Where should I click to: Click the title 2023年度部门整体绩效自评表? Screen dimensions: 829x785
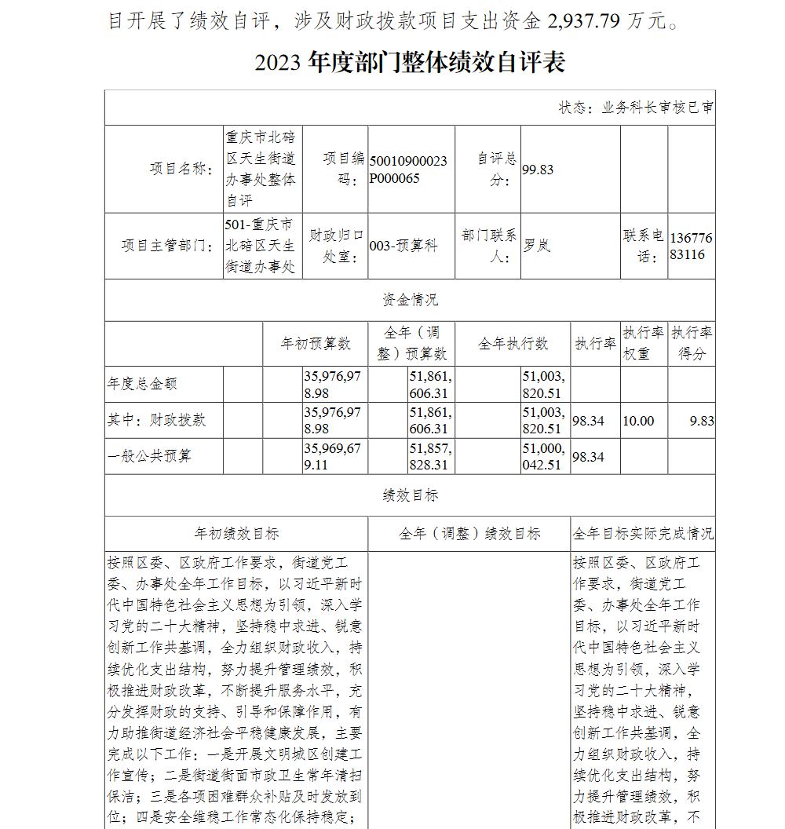point(410,63)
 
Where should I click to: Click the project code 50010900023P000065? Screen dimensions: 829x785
point(408,170)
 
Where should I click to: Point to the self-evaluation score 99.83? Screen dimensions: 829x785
point(538,170)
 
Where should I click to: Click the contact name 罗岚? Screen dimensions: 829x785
point(537,246)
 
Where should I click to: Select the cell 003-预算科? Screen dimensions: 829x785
point(403,246)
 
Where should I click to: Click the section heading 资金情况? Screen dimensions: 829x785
point(410,300)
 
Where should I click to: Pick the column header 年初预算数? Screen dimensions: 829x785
point(316,344)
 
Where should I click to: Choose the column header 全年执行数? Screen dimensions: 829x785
point(513,344)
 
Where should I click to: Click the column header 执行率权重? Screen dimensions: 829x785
point(644,343)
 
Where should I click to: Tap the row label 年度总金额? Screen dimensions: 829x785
point(142,384)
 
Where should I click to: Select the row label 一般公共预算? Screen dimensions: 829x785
point(149,456)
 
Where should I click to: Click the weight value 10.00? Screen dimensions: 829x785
point(638,421)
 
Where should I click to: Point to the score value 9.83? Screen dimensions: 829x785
point(702,421)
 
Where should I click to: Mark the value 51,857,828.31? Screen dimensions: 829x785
point(429,456)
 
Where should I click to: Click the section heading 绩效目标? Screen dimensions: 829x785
point(410,495)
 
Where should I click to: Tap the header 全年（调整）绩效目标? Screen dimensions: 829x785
point(469,534)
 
